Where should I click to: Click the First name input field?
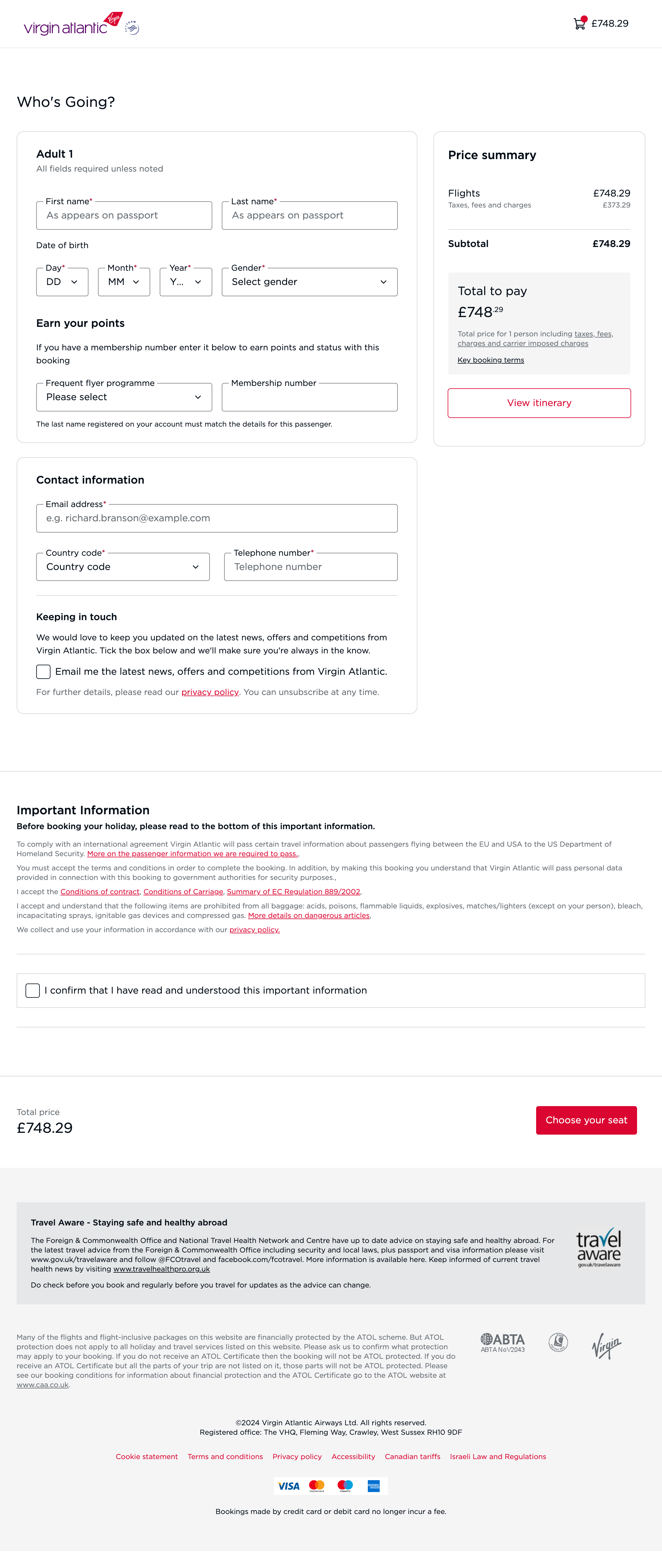pyautogui.click(x=124, y=216)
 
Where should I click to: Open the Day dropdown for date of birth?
pyautogui.click(x=62, y=282)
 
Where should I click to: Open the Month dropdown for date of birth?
pyautogui.click(x=123, y=282)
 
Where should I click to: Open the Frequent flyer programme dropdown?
pyautogui.click(x=124, y=397)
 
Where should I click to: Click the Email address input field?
pyautogui.click(x=217, y=518)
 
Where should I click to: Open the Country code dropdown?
pyautogui.click(x=123, y=567)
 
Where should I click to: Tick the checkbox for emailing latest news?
pyautogui.click(x=43, y=672)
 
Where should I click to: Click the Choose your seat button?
pyautogui.click(x=586, y=1120)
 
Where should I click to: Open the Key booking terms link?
pyautogui.click(x=490, y=360)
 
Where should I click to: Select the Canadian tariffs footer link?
pyautogui.click(x=413, y=1457)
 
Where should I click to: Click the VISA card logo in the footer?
pyautogui.click(x=289, y=1486)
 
